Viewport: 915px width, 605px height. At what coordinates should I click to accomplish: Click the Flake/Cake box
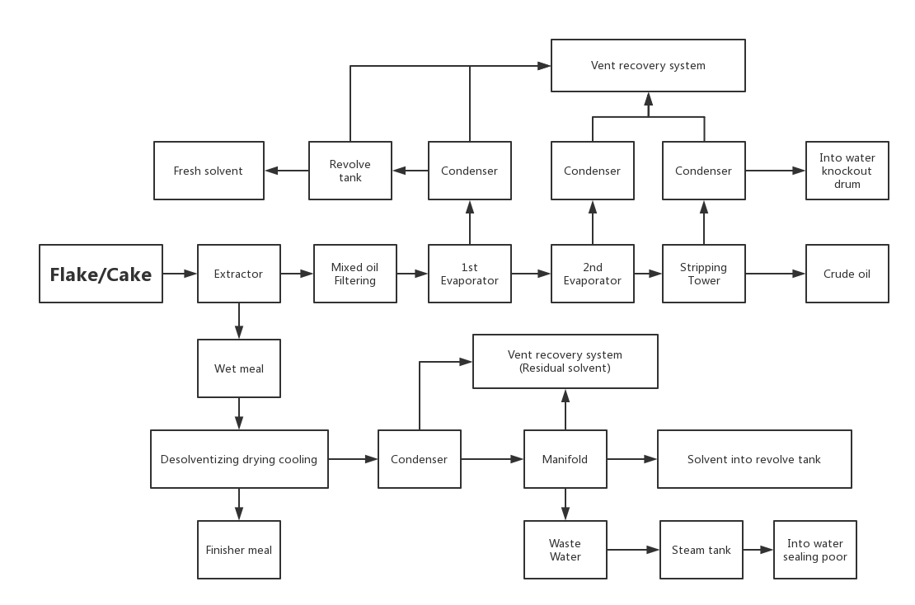click(x=101, y=274)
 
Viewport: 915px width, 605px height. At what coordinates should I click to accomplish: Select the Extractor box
click(x=239, y=274)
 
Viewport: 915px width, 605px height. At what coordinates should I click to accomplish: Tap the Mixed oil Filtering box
click(x=354, y=274)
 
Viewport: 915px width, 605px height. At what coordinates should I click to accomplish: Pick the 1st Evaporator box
click(x=470, y=274)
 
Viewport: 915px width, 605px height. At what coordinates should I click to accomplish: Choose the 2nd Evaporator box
click(x=593, y=274)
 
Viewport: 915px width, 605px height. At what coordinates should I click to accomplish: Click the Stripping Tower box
click(x=704, y=274)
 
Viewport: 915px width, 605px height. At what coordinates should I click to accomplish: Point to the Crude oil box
click(x=847, y=274)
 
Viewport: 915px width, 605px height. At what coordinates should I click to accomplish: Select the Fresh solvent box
click(x=209, y=171)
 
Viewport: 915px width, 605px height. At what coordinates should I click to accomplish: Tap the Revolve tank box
click(x=350, y=171)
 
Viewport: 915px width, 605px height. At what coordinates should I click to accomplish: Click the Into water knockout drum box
click(x=847, y=171)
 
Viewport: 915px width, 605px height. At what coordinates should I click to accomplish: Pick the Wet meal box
click(x=239, y=368)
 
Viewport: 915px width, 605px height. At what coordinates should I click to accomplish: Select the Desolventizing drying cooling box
click(x=239, y=459)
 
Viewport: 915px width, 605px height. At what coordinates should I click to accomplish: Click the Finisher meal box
click(x=239, y=550)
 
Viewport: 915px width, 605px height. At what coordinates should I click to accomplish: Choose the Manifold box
click(x=565, y=459)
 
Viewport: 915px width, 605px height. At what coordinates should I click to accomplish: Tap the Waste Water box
click(x=565, y=550)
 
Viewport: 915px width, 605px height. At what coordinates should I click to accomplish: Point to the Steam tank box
click(x=701, y=550)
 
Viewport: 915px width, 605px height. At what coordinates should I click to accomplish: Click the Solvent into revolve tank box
click(x=754, y=459)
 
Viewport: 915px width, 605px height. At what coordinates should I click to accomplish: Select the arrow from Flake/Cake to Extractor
click(x=180, y=274)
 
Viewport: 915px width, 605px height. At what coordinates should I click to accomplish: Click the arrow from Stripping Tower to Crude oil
click(x=776, y=274)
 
